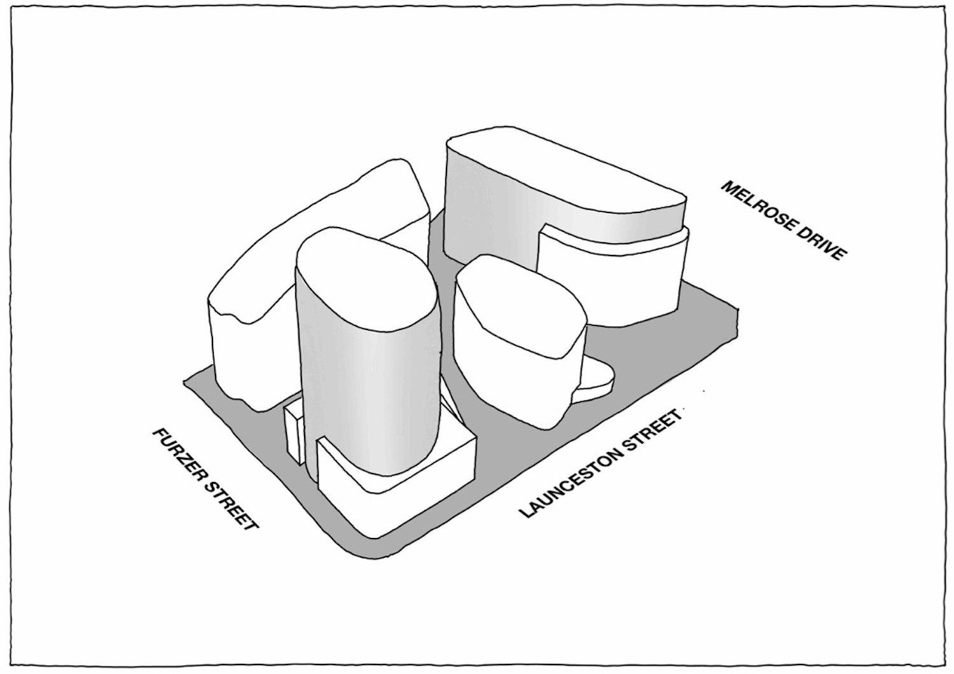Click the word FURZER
coord(179,453)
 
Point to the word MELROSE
coord(757,205)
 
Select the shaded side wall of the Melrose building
coord(490,216)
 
